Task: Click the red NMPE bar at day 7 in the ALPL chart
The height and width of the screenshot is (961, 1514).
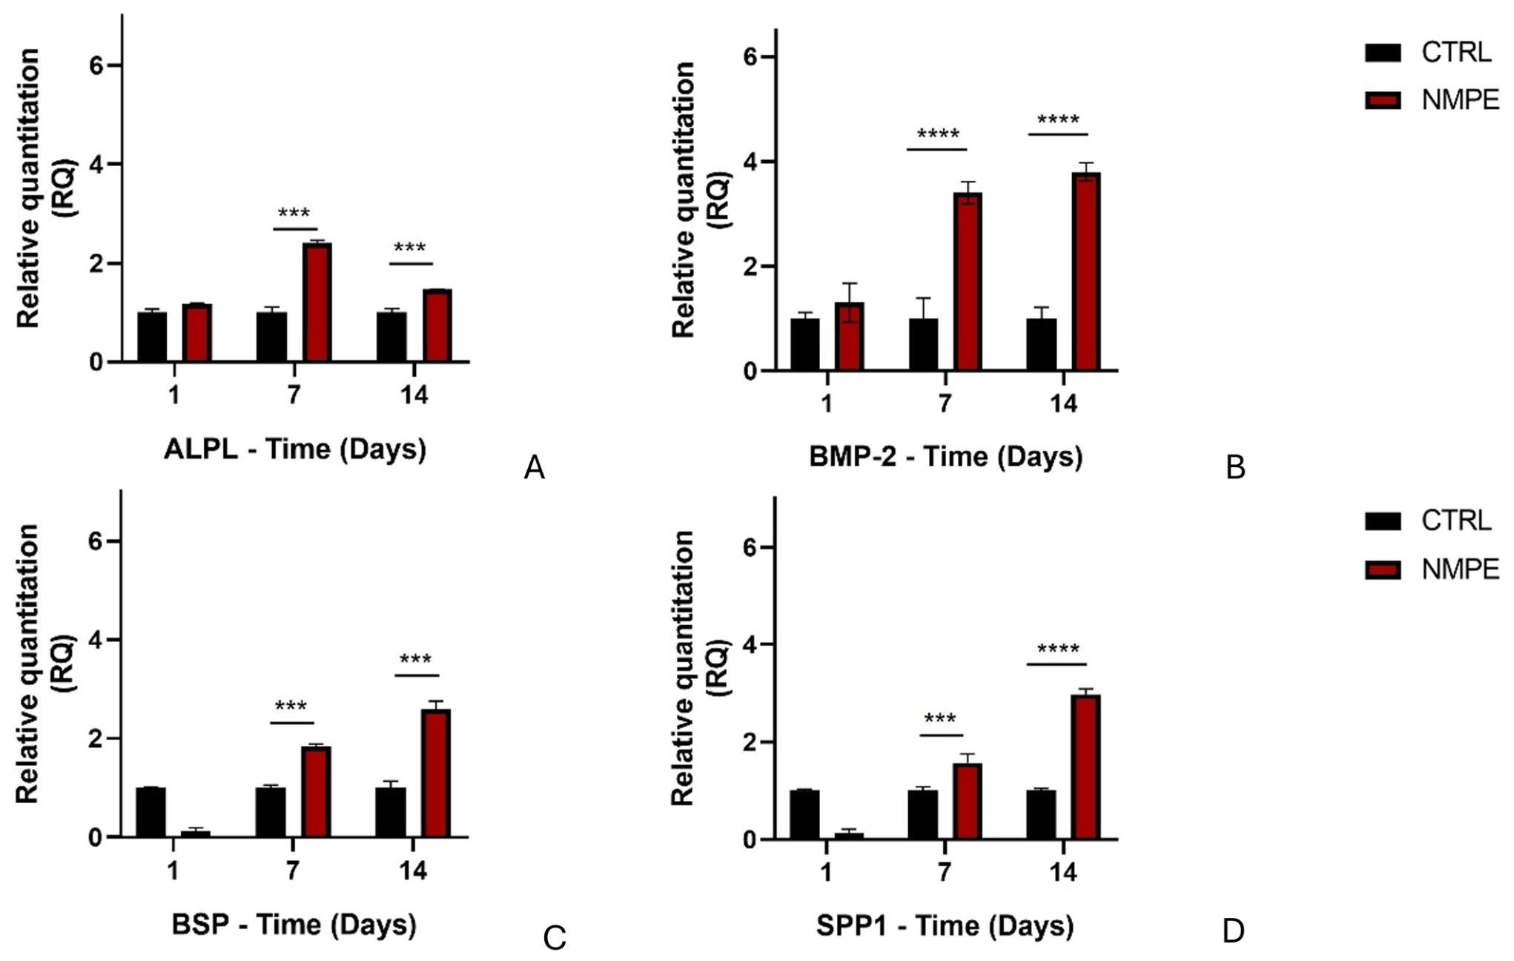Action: tap(317, 303)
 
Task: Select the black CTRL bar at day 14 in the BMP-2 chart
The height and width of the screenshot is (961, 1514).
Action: tap(1041, 344)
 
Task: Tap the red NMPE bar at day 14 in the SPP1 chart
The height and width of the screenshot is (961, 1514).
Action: tap(1086, 767)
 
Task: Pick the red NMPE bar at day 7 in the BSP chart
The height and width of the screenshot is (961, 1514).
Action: tap(316, 792)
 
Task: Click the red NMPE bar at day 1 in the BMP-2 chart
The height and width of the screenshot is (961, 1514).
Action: tap(850, 336)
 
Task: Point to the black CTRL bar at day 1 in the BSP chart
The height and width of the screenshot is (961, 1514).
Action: tap(151, 812)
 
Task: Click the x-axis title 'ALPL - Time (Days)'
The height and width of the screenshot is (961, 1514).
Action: tap(295, 449)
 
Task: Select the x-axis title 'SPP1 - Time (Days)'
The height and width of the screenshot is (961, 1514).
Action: tap(945, 925)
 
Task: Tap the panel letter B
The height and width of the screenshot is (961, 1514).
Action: tap(1235, 467)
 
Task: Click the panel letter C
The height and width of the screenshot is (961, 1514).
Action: tap(555, 938)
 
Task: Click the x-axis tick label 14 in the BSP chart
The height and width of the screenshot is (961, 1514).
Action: tap(413, 871)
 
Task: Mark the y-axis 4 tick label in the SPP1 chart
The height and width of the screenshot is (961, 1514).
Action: tap(750, 644)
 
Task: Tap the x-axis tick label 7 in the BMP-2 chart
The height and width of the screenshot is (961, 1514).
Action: tap(945, 403)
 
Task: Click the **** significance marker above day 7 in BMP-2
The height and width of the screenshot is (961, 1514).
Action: tap(938, 134)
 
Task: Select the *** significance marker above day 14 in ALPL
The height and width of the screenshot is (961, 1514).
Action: tap(410, 248)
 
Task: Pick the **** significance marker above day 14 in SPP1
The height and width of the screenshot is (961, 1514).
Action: tap(1058, 650)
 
